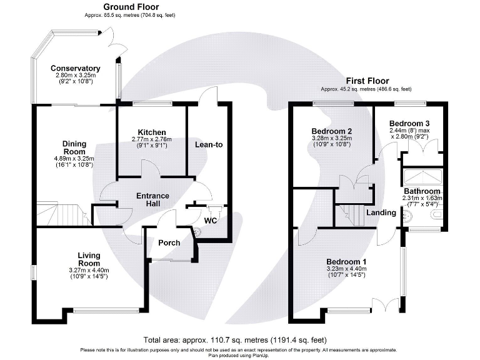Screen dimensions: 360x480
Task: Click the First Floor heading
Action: click(x=367, y=81)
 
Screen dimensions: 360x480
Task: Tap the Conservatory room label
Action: click(x=76, y=68)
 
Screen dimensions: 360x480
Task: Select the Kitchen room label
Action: click(x=152, y=132)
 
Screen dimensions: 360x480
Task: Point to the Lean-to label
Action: click(x=209, y=144)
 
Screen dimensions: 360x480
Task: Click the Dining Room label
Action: click(x=74, y=147)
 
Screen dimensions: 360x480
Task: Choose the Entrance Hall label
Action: click(x=152, y=200)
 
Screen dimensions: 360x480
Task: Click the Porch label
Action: click(x=169, y=242)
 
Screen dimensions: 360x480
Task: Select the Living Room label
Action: click(x=93, y=259)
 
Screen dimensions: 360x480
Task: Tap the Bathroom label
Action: click(x=422, y=191)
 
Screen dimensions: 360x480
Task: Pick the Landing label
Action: click(x=381, y=212)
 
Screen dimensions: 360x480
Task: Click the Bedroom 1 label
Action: click(x=346, y=261)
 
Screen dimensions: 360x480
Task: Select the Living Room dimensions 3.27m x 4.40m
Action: click(x=93, y=269)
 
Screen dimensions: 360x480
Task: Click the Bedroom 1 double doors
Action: click(x=384, y=306)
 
